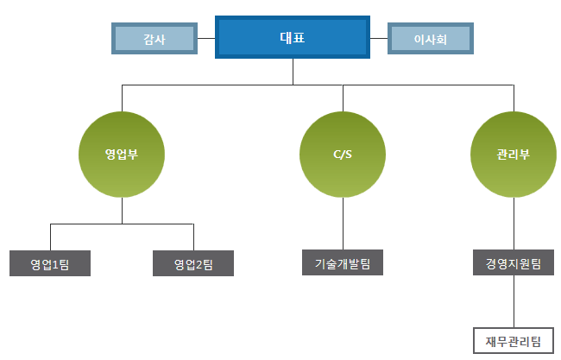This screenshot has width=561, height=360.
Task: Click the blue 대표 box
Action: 293,37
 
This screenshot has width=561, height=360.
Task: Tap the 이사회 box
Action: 431,38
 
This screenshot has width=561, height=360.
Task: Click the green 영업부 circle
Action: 122,155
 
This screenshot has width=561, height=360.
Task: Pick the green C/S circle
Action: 344,155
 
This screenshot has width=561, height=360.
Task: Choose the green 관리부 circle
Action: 514,155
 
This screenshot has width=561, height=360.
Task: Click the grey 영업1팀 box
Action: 50,263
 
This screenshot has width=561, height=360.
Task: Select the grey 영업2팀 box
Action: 193,263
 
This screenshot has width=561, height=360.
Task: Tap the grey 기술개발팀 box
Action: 344,262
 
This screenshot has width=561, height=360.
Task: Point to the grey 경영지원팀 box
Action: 514,262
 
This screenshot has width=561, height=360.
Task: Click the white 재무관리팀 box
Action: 514,338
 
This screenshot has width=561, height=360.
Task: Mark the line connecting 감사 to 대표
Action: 205,38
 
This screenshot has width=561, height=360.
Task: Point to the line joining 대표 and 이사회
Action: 380,38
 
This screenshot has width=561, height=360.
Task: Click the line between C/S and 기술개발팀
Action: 344,224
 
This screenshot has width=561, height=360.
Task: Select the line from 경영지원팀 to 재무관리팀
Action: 514,301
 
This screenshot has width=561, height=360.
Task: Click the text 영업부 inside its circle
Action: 122,155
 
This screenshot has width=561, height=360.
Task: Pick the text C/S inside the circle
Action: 344,155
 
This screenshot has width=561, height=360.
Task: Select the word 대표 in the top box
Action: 293,37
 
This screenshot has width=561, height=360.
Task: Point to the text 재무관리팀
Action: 514,338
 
